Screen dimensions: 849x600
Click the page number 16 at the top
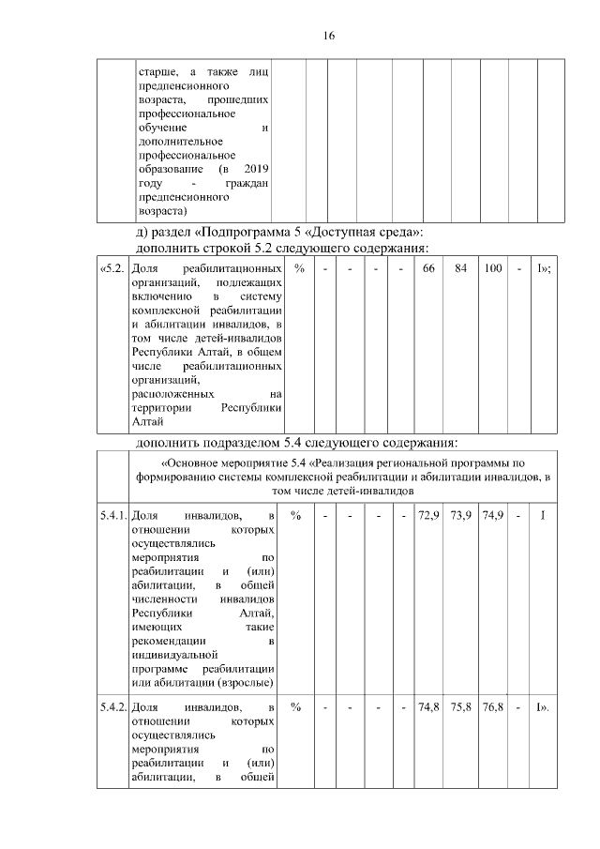(328, 37)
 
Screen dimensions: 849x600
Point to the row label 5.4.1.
(112, 515)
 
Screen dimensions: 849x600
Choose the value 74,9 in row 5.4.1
(492, 515)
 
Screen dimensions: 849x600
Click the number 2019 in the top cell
(256, 169)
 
